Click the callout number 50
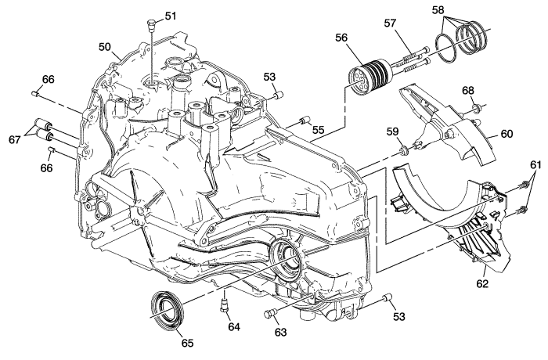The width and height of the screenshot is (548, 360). tap(105, 47)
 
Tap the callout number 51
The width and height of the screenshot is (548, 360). tap(170, 16)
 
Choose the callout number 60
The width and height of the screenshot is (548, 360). tap(507, 134)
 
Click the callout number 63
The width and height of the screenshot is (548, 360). tap(280, 333)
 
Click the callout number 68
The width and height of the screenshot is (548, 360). tap(468, 91)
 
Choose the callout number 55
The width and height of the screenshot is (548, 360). tap(318, 128)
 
